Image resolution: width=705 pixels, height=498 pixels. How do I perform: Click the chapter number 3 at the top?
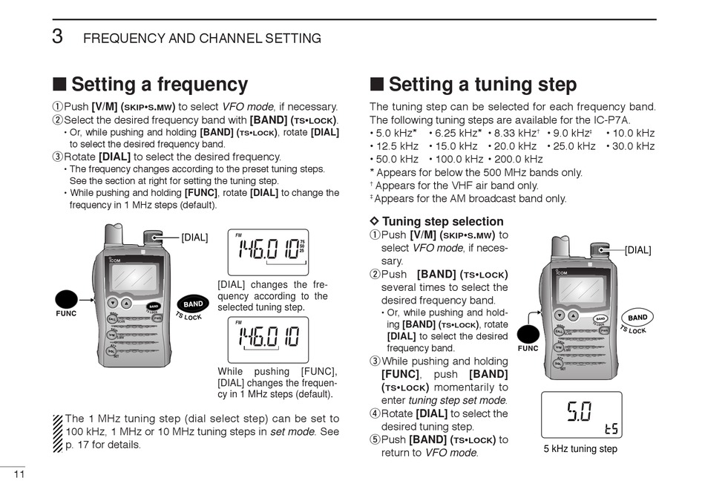tap(56, 36)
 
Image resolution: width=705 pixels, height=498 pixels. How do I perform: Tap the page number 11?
tap(20, 475)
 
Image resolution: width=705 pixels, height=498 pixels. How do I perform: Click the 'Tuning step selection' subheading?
tap(442, 221)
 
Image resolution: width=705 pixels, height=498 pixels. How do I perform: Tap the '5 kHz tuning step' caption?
tap(580, 449)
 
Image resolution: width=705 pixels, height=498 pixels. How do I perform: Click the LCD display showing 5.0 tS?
tap(581, 415)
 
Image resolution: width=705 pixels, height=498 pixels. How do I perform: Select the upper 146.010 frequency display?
tap(267, 251)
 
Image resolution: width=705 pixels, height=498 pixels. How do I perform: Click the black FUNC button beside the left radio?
tap(67, 299)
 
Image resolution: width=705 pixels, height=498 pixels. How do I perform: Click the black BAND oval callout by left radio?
tap(193, 304)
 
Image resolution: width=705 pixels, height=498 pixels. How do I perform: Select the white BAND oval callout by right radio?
tap(637, 318)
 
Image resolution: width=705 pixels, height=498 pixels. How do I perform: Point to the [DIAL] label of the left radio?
tap(194, 237)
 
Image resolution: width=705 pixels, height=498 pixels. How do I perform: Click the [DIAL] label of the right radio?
tap(637, 250)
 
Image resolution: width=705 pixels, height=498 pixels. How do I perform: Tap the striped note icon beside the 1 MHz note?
tap(58, 432)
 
